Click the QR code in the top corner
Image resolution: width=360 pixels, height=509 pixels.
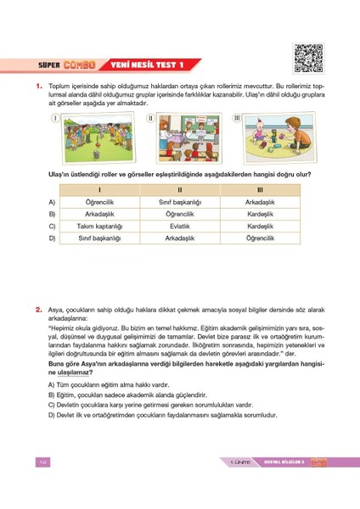pos(308,55)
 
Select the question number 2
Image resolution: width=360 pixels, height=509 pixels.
pos(39,311)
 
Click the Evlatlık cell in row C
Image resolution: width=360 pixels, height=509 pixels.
pos(180,227)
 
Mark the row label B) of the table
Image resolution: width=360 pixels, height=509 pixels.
pos(52,215)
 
